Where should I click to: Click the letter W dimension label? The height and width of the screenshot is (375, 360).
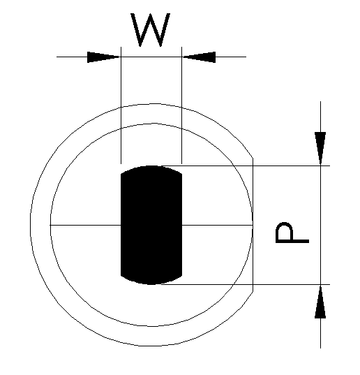pyautogui.click(x=151, y=29)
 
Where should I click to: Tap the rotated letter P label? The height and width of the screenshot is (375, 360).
pyautogui.click(x=292, y=233)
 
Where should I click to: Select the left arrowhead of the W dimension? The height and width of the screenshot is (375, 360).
pyautogui.click(x=104, y=57)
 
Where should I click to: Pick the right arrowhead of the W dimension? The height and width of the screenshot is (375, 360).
pyautogui.click(x=199, y=57)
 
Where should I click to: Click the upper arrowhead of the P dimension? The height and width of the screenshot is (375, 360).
pyautogui.click(x=320, y=149)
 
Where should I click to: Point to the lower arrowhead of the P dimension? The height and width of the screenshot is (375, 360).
pyautogui.click(x=320, y=302)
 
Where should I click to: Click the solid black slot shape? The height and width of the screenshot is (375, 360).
pyautogui.click(x=151, y=225)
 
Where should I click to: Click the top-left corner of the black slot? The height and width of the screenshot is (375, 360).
pyautogui.click(x=121, y=174)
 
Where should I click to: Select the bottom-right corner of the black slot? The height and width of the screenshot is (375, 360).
pyautogui.click(x=182, y=276)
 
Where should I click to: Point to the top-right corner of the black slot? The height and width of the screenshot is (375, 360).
pyautogui.click(x=182, y=174)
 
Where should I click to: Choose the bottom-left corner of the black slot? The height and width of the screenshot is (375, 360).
pyautogui.click(x=121, y=276)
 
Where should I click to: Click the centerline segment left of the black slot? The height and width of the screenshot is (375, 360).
pyautogui.click(x=85, y=225)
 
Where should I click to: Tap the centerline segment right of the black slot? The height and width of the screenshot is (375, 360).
pyautogui.click(x=218, y=225)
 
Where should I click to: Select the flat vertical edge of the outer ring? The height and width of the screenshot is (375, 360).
pyautogui.click(x=253, y=225)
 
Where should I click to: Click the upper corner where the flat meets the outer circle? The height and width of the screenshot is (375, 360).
pyautogui.click(x=253, y=158)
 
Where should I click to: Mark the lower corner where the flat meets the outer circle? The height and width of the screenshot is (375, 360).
pyautogui.click(x=253, y=292)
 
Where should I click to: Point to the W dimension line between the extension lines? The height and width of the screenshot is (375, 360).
pyautogui.click(x=151, y=57)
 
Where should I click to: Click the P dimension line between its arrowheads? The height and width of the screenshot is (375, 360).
pyautogui.click(x=320, y=225)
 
